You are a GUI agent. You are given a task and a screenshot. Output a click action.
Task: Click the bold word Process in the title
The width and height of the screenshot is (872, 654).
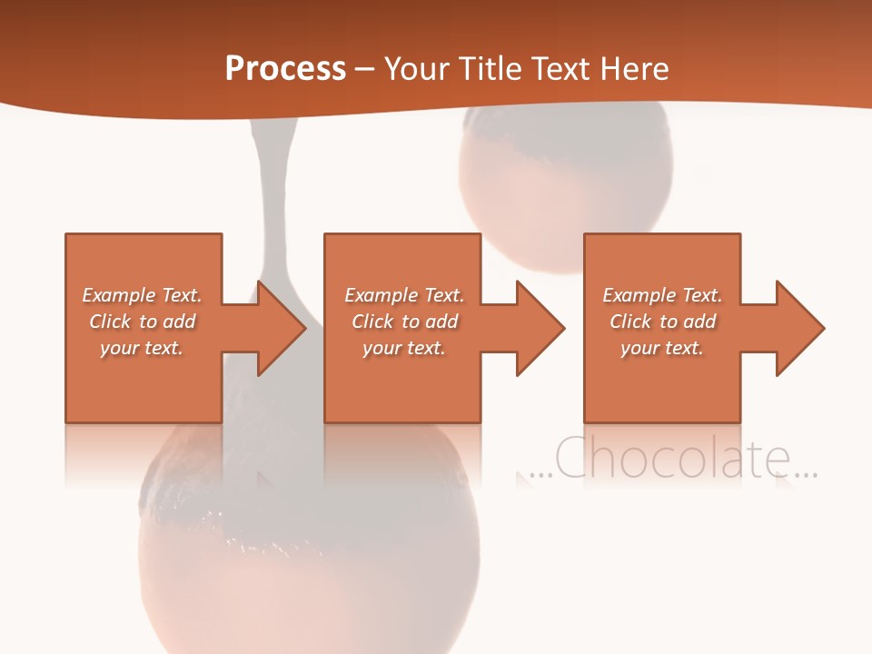285,68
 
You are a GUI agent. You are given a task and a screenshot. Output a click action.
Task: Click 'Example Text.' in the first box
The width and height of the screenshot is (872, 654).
142,295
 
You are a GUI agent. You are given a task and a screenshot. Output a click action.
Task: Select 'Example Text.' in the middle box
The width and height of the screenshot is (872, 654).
404,295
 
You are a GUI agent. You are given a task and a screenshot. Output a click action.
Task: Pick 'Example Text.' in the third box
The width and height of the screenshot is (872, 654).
662,295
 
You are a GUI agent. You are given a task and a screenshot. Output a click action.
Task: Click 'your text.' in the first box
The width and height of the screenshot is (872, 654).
142,348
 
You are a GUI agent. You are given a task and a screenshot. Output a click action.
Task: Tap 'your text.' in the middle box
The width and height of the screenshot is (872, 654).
404,348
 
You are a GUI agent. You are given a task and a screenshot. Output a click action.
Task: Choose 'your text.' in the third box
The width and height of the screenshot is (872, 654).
662,348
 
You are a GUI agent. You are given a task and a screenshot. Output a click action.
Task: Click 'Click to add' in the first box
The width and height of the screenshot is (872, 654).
142,322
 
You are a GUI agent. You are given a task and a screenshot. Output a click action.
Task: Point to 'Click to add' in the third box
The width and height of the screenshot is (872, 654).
662,322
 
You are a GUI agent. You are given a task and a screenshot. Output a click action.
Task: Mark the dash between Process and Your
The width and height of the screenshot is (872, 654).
365,70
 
